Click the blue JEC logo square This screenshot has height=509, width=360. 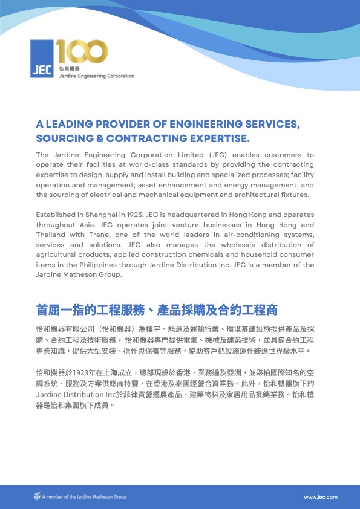[x=42, y=59]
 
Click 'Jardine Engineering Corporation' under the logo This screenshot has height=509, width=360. [x=96, y=76]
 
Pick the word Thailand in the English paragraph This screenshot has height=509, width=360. [x=51, y=235]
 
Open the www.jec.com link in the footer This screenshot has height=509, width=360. [x=321, y=497]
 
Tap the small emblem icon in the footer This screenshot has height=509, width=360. [x=37, y=496]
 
